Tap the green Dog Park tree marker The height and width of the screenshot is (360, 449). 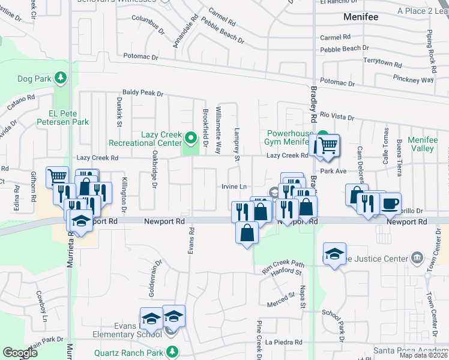tap(60, 77)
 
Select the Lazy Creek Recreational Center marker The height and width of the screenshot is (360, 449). tap(191, 139)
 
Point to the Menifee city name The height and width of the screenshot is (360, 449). tap(361, 17)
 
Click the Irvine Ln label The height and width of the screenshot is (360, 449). tap(235, 187)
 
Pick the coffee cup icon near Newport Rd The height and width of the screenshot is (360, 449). tap(390, 203)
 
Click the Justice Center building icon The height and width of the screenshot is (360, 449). tap(417, 259)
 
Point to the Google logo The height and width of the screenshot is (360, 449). tap(20, 353)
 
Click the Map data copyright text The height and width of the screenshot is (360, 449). tap(423, 355)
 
